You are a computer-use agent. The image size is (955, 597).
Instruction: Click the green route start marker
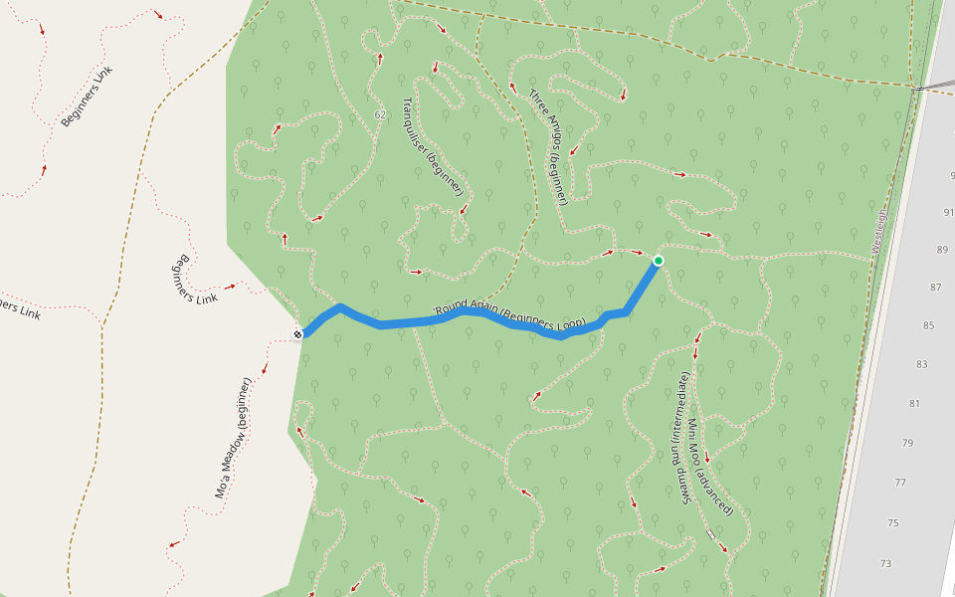pos(658,261)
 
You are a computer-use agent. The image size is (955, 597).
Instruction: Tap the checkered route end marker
pos(297,334)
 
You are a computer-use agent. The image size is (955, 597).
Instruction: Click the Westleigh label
pos(879,230)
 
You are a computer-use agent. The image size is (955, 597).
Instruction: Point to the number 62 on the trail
pos(380,115)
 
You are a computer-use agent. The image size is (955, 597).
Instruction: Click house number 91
pos(947,212)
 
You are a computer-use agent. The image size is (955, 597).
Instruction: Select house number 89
pos(942,250)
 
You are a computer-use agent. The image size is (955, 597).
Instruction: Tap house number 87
pos(935,288)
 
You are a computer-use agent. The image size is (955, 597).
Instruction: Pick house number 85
pos(929,325)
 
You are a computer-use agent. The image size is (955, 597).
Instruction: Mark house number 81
pos(914,404)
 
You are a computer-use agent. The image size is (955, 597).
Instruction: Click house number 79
pos(907,443)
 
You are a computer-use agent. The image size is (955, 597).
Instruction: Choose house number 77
pos(900,483)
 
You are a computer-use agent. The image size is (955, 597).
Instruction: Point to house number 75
pos(892,523)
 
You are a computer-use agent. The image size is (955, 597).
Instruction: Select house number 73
pos(885,563)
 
